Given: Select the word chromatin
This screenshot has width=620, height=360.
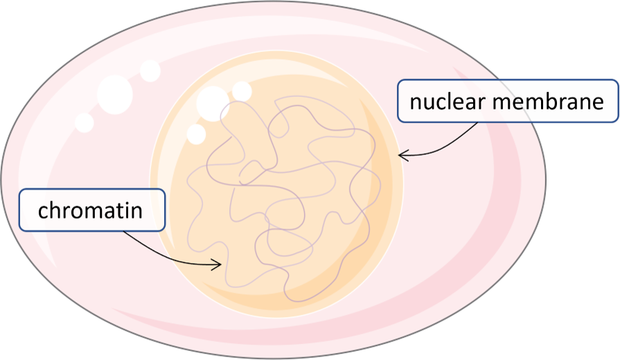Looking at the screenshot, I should pos(90,209).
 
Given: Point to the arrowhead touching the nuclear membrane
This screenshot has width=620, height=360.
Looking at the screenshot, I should pos(402,156).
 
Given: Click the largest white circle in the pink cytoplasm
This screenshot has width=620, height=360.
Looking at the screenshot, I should pos(115,95).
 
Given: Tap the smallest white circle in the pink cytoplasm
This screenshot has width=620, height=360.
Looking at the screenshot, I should pos(84,123).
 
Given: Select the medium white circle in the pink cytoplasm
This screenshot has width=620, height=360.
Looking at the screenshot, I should pos(150,70).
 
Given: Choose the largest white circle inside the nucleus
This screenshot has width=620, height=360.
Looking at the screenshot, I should pos(213,103).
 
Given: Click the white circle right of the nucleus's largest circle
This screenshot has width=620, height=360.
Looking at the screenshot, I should pos(242,91).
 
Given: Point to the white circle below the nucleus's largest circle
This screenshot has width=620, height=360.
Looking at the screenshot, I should pos(197,134).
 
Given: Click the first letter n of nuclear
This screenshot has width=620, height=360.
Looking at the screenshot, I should pos(415,104).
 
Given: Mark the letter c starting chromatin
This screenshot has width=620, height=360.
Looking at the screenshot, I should pos(43,210).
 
